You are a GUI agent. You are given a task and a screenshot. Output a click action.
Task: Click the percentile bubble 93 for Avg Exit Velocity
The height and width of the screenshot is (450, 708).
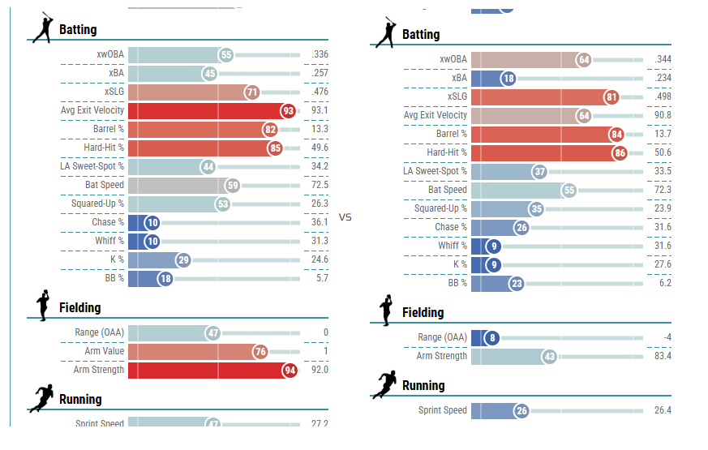(288, 111)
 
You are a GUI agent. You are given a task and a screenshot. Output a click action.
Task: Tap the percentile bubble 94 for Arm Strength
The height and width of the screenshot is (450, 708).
(288, 371)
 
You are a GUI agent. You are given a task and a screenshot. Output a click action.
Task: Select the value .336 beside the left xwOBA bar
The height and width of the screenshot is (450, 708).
(320, 55)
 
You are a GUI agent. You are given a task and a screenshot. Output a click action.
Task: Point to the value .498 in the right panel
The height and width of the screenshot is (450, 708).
(663, 97)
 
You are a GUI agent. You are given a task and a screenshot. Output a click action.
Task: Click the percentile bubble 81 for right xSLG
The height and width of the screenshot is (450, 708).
(611, 97)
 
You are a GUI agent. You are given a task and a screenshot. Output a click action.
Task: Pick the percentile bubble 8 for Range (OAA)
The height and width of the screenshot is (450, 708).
(491, 337)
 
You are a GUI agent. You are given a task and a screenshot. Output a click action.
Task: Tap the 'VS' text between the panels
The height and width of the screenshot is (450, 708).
(345, 218)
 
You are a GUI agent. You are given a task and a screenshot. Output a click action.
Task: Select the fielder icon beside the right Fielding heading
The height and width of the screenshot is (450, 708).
(385, 311)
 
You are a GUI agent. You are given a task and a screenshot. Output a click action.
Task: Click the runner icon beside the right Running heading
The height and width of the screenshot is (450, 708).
(384, 385)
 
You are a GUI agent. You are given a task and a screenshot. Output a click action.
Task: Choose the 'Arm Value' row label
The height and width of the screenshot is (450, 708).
(105, 351)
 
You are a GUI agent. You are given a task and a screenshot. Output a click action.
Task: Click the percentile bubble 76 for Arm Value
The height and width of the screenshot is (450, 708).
(260, 352)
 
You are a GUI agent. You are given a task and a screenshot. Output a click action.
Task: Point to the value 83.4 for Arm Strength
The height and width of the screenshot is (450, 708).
(663, 356)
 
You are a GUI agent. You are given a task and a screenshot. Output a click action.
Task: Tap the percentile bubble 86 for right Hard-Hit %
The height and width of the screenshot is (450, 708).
(620, 153)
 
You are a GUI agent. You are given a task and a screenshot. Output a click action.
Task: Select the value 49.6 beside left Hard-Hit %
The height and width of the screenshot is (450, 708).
(320, 148)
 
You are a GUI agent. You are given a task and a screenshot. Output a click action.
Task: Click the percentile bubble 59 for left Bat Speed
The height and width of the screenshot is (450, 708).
(233, 186)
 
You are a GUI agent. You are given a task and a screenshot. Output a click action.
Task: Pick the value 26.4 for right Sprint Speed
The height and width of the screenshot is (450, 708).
(663, 411)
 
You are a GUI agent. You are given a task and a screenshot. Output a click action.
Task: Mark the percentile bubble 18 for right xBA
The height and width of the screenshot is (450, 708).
(508, 79)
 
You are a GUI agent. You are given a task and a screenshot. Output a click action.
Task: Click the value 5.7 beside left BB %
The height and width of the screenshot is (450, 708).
(323, 278)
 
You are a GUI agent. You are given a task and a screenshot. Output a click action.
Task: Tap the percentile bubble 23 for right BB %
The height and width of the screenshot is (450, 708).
(517, 284)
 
